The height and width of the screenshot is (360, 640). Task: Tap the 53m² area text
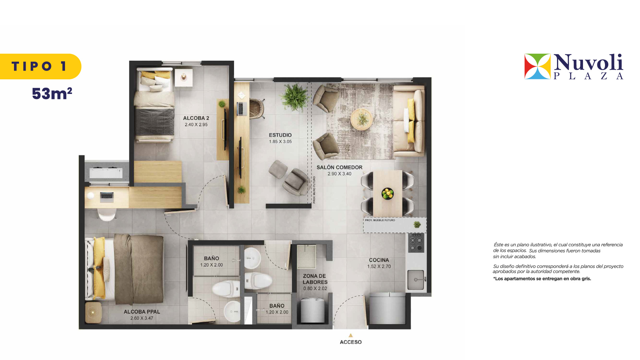pos(52,94)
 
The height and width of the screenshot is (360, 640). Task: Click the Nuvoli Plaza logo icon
pos(537,66)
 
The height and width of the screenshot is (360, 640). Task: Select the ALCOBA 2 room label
pos(196,118)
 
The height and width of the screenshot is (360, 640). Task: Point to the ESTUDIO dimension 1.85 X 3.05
pos(280,142)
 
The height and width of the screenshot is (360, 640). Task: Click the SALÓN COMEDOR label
pos(339,167)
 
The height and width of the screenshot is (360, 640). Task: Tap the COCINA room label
pos(379,260)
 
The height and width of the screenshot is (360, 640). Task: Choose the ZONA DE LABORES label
pos(315,279)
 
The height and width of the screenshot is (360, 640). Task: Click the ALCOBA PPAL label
pos(142,312)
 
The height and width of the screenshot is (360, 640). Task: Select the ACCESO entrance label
pos(351,342)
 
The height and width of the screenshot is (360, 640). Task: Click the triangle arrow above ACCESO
pos(351,335)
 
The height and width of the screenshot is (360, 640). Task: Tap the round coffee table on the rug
pos(361,119)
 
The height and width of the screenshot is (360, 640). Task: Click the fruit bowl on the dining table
pos(387,193)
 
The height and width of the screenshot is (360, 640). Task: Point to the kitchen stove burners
pos(416,243)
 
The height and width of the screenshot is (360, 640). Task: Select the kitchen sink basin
pos(416,280)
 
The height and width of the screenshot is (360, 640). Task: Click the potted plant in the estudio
pos(294,96)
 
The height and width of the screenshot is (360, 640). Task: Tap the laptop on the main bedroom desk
pos(107,197)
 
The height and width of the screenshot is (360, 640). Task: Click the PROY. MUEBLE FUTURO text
pos(380,220)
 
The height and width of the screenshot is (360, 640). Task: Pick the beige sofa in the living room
pos(409,121)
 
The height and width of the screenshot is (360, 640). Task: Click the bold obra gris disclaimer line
pos(542,279)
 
